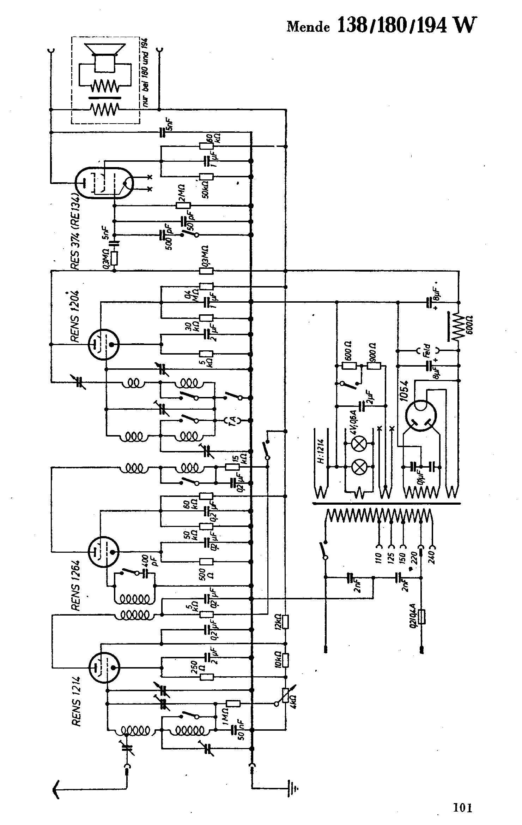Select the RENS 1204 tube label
[75, 316]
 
